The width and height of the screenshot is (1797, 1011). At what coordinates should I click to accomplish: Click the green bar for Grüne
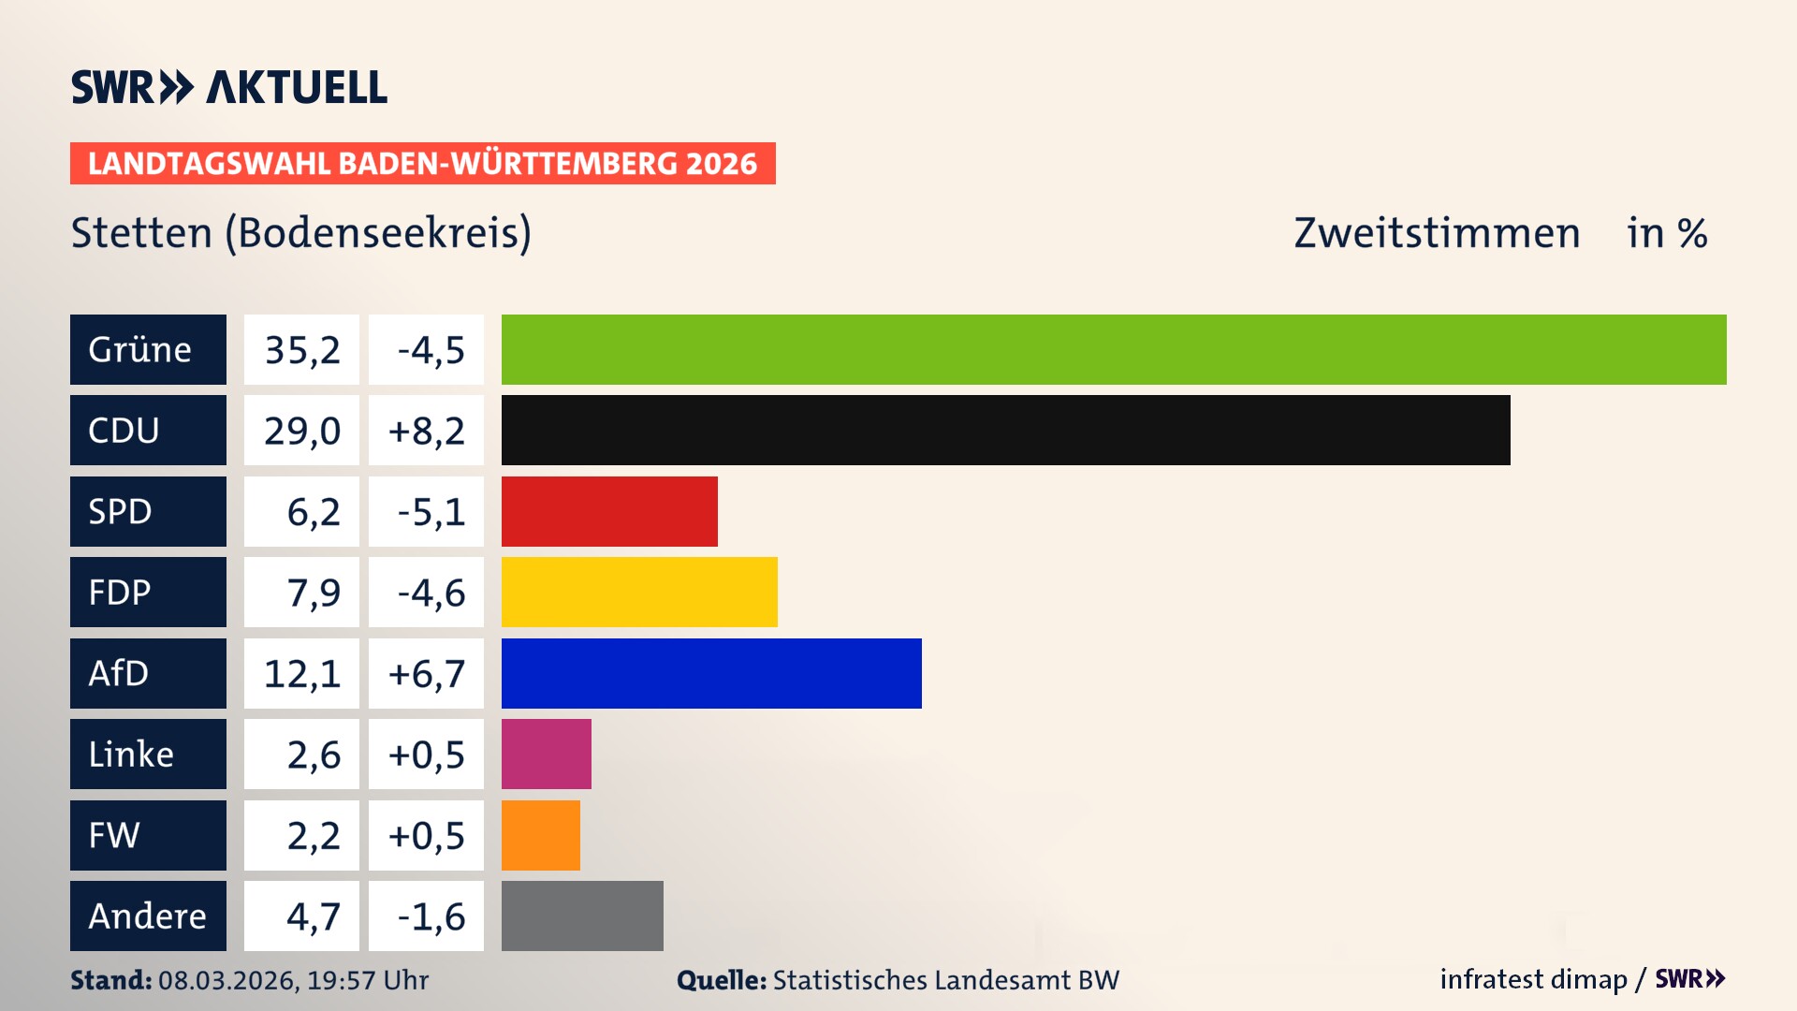coord(1114,349)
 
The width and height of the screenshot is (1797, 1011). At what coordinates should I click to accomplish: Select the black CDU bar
coord(1005,431)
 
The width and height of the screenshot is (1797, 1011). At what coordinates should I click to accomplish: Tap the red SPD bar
coord(609,511)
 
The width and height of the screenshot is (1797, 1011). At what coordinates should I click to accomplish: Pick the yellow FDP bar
coord(639,592)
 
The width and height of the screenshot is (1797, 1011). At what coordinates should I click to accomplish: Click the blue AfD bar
coord(711,673)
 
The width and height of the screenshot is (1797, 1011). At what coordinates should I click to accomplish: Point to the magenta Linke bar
coord(546,754)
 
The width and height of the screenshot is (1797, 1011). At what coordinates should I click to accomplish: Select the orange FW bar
coord(540,835)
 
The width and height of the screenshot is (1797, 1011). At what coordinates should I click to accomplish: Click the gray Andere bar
coord(582,916)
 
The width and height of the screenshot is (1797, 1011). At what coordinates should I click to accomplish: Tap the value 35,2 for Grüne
coord(301,350)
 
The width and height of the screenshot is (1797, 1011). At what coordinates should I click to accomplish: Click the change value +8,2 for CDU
coord(426,431)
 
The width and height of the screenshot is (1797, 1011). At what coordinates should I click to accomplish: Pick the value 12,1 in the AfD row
coord(301,673)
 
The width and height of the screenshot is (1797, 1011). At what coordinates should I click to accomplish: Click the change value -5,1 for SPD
coord(430,511)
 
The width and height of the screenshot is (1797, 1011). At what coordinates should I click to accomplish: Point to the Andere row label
coord(148,916)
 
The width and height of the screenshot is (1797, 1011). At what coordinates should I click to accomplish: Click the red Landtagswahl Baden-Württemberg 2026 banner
coord(422,163)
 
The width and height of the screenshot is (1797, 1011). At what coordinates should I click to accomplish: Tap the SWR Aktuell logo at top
coord(228,87)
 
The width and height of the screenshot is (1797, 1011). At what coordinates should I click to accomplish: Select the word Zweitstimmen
coord(1437,233)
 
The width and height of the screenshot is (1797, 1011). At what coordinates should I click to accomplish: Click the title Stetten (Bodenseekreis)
coord(300,233)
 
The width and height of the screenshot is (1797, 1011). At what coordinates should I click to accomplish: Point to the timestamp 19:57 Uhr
coord(367,980)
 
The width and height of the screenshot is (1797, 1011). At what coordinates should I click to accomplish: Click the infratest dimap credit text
coord(1533,979)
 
